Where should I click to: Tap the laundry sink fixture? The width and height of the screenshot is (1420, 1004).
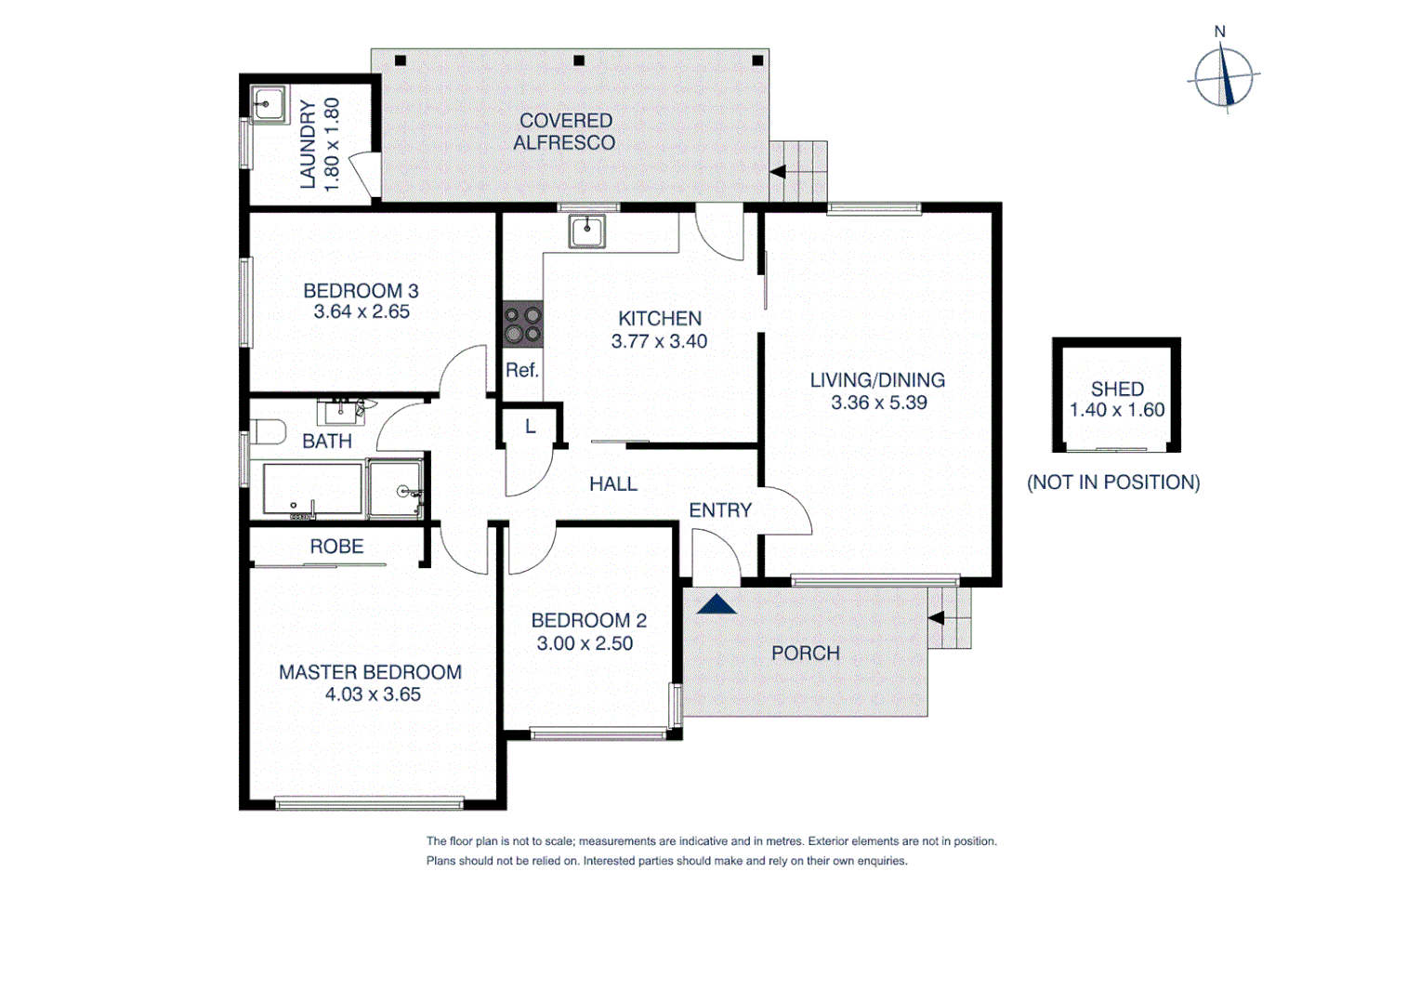tap(268, 103)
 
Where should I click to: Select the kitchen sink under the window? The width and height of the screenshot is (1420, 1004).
tap(587, 230)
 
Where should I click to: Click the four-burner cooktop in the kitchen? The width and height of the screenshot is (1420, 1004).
tap(522, 324)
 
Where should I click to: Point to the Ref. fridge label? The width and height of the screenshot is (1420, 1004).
tap(521, 370)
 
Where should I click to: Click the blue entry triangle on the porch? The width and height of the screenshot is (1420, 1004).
tap(717, 604)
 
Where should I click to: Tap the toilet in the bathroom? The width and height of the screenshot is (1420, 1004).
tap(268, 432)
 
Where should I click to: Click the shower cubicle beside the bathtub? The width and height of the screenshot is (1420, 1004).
tap(395, 489)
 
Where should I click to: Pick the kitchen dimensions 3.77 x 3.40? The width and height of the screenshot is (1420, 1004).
tap(659, 341)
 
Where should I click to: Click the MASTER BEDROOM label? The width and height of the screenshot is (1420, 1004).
tap(370, 671)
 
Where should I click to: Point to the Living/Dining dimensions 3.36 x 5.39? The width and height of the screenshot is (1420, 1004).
tap(878, 403)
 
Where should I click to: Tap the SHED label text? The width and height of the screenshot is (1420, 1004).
tap(1117, 389)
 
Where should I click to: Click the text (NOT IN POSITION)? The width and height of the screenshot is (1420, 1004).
tap(1113, 482)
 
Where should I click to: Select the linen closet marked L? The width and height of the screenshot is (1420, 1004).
tap(530, 427)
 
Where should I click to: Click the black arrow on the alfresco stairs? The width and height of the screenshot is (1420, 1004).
tap(778, 172)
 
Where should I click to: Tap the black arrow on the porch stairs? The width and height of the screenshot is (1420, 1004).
tap(936, 618)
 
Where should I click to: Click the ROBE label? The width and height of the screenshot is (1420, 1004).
tap(336, 547)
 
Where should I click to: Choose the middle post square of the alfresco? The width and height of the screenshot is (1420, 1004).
tap(579, 60)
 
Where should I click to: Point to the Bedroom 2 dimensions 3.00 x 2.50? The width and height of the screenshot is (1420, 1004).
tap(585, 643)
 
